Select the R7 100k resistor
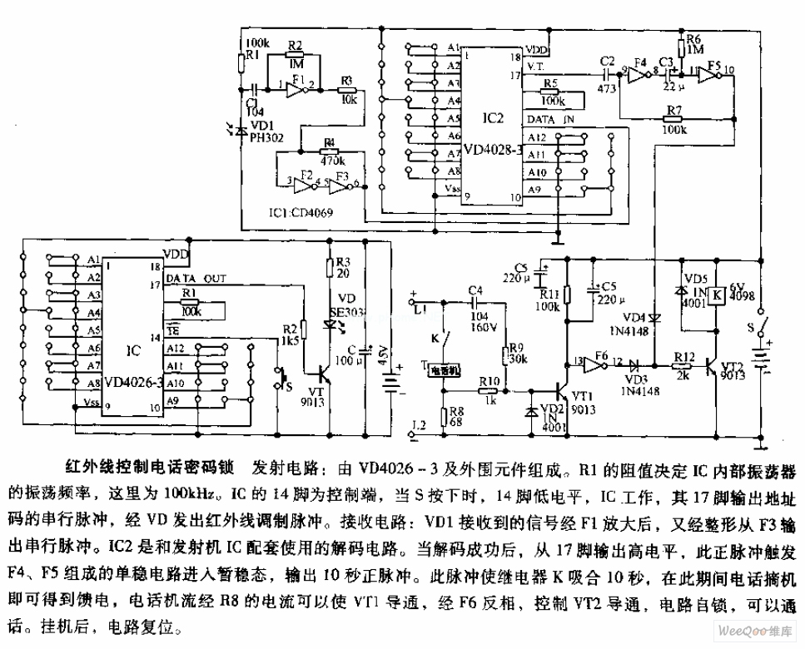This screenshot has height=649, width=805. pyautogui.click(x=673, y=119)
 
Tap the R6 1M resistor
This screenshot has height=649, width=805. pyautogui.click(x=682, y=47)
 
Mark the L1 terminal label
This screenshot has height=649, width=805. pyautogui.click(x=420, y=309)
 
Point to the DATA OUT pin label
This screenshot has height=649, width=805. pyautogui.click(x=196, y=277)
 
